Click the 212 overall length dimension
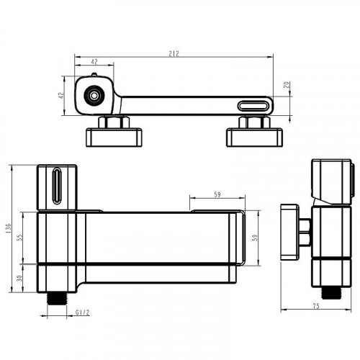[x=174, y=53]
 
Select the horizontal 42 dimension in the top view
[x=94, y=61]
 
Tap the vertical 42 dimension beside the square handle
[x=62, y=95]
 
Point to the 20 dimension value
[x=287, y=85]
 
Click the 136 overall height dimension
[x=9, y=228]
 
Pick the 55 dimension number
[x=20, y=238]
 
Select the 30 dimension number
[x=20, y=278]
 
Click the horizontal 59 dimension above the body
[x=217, y=194]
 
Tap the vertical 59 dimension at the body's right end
[x=256, y=238]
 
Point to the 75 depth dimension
[x=316, y=306]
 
